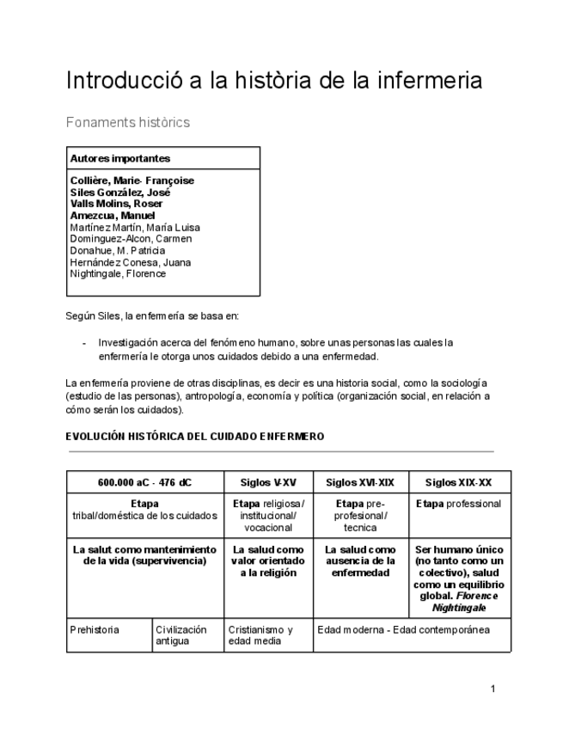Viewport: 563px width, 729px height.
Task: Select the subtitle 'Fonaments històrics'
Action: click(128, 122)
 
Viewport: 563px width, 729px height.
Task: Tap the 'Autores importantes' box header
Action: click(119, 158)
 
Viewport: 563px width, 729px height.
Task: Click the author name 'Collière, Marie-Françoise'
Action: click(132, 181)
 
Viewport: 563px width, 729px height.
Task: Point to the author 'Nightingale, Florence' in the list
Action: click(118, 274)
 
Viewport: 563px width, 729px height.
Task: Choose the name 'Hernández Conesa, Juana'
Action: click(131, 262)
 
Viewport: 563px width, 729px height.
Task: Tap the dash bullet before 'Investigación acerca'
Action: click(84, 342)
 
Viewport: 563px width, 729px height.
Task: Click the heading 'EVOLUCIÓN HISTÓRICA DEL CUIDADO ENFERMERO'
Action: click(194, 437)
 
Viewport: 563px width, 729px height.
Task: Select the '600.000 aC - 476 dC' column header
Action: click(144, 482)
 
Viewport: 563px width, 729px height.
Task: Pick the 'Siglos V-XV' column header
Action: click(268, 482)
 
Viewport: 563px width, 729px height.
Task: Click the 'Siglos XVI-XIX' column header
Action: click(360, 482)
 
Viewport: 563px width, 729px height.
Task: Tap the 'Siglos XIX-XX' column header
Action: click(458, 482)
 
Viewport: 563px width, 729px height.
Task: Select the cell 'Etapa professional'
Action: click(458, 504)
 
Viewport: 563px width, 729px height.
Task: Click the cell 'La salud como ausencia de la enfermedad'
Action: click(360, 561)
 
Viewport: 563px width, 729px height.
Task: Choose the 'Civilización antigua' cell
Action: click(181, 635)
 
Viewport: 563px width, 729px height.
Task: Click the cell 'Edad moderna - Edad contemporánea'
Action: click(403, 629)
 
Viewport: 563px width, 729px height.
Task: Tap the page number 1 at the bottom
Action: click(493, 689)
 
